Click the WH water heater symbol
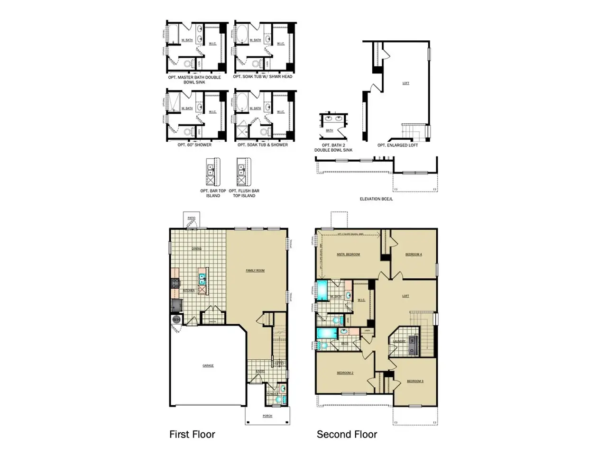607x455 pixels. click(176, 319)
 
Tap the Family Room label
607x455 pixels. click(255, 271)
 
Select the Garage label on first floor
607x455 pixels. click(208, 365)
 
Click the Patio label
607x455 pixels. click(192, 218)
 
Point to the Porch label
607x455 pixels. click(267, 416)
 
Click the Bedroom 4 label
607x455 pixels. click(414, 255)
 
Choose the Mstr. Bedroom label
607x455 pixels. click(348, 255)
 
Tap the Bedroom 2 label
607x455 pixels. click(345, 373)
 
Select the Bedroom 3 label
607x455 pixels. click(415, 381)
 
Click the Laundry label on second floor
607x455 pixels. click(399, 341)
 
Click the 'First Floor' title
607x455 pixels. click(192, 434)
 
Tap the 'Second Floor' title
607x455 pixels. click(347, 434)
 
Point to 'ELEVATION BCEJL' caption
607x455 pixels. click(376, 199)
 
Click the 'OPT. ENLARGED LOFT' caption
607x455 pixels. click(397, 145)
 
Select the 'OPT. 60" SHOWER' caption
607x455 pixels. click(194, 145)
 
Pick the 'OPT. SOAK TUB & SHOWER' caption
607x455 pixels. click(263, 145)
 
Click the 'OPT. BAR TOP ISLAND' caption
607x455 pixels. click(213, 193)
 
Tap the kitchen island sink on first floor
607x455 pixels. click(202, 279)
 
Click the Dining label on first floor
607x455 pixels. click(196, 248)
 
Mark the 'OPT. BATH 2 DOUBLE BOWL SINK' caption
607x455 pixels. click(333, 148)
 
